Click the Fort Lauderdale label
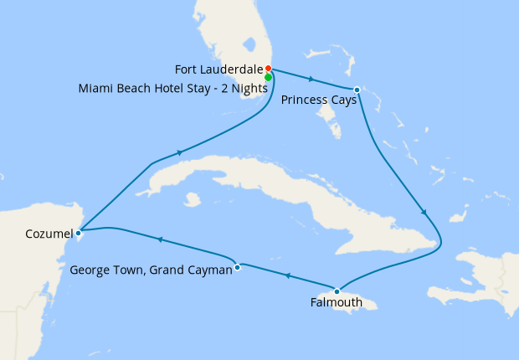point(217,69)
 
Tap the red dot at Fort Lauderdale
point(268,69)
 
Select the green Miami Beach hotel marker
point(268,77)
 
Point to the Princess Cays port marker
point(357,90)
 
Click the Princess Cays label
point(319,100)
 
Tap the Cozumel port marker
point(78,233)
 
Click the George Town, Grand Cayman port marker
point(239,267)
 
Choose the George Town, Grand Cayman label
point(151,270)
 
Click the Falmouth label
point(337,303)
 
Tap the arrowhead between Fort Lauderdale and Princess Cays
point(311,80)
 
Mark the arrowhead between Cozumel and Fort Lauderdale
point(179,153)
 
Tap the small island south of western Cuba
point(194,199)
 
